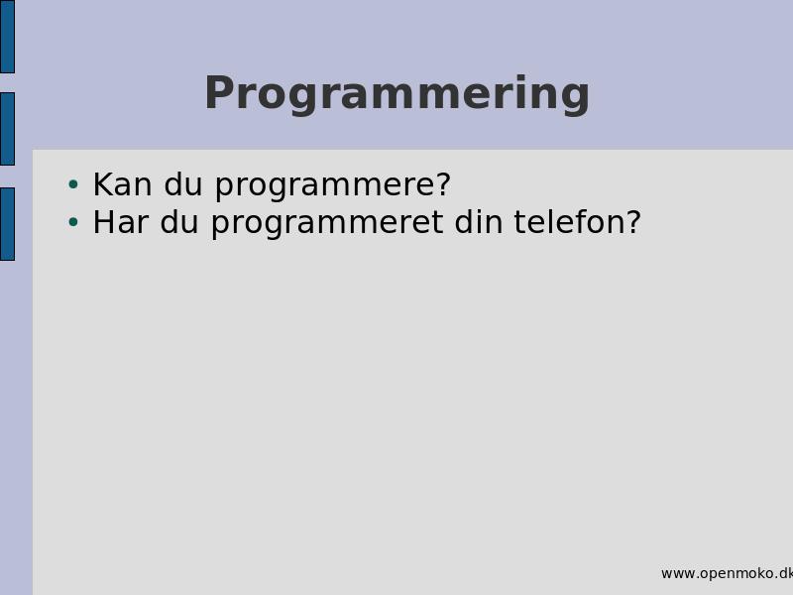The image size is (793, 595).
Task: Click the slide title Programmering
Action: (397, 94)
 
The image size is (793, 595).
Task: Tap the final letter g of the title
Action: (574, 100)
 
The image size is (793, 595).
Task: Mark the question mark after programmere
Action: (442, 183)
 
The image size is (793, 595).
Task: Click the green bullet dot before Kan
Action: (73, 184)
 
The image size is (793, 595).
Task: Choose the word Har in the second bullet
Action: (120, 221)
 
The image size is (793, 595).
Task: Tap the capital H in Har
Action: (103, 221)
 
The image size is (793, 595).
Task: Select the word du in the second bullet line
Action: (179, 221)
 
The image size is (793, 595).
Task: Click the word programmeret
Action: (327, 225)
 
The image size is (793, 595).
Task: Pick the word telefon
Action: (570, 221)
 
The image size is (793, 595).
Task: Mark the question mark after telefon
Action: (634, 221)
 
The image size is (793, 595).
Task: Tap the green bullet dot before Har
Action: (73, 221)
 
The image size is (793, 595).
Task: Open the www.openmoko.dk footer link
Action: (727, 573)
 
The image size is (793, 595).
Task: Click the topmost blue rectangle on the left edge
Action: (7, 37)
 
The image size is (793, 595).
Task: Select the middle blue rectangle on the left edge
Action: (7, 129)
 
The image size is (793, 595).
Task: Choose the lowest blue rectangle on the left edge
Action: (7, 224)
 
